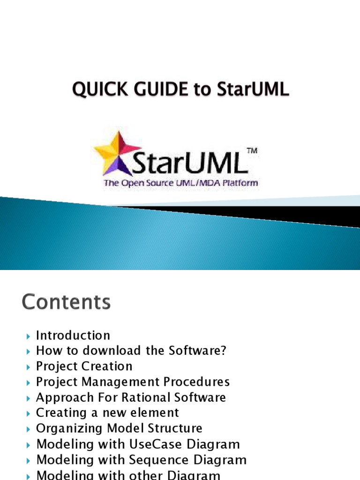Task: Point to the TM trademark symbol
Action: tap(252, 151)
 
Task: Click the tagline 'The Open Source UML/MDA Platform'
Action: tap(180, 183)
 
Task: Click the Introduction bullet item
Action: tap(73, 336)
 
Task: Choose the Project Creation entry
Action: tap(84, 367)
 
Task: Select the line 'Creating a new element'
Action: tap(107, 413)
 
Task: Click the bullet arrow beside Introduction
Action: tap(28, 336)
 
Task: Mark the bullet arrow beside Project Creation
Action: tap(28, 367)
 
